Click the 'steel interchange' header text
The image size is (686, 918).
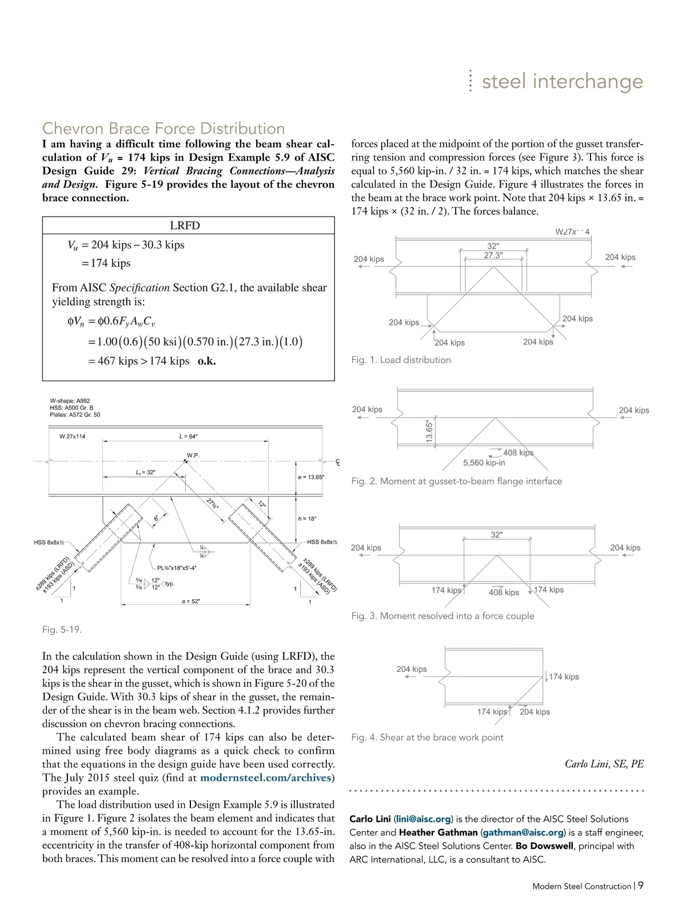point(562,81)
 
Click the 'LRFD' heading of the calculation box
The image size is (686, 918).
point(185,225)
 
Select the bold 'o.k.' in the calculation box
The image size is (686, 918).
point(206,361)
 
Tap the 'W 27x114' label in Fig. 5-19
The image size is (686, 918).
point(72,436)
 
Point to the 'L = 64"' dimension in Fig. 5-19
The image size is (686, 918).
point(188,436)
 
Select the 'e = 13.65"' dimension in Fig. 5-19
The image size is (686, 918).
point(311,477)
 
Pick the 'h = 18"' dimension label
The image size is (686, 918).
point(307,518)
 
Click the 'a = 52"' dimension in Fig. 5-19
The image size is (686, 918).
point(190,601)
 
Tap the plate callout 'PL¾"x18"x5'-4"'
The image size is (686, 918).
point(177,568)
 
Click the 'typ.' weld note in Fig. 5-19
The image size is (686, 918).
point(169,584)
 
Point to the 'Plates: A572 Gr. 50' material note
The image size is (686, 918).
point(75,414)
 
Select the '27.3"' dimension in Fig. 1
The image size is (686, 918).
point(493,256)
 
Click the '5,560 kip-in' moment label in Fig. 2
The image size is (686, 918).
point(484,462)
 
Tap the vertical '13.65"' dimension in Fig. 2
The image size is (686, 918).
point(430,432)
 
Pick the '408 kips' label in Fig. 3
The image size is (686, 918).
point(504,592)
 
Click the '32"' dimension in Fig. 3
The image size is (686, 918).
point(496,534)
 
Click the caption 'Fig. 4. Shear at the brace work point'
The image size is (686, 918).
point(427,737)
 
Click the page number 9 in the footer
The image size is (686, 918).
point(641,885)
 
